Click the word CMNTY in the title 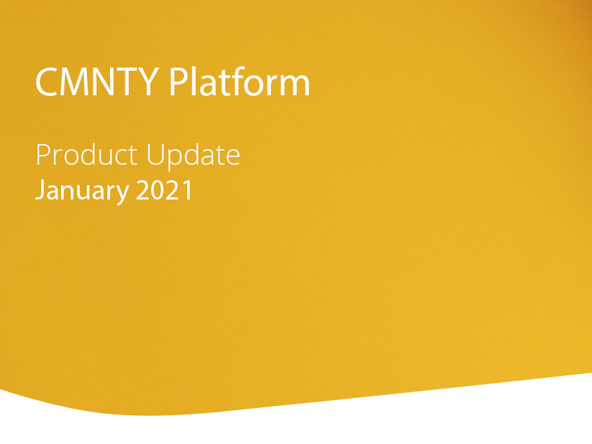click(97, 82)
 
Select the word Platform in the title click(239, 81)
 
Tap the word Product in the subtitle click(86, 154)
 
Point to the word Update click(193, 156)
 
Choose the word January click(82, 191)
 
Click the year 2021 click(164, 190)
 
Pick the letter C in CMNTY click(46, 82)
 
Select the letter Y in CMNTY click(148, 82)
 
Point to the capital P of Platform click(178, 82)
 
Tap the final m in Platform click(295, 86)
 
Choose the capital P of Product click(43, 155)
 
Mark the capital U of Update click(155, 155)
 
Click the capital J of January click(40, 190)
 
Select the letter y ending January click(123, 195)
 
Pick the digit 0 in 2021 click(158, 190)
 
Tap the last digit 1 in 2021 click(187, 190)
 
